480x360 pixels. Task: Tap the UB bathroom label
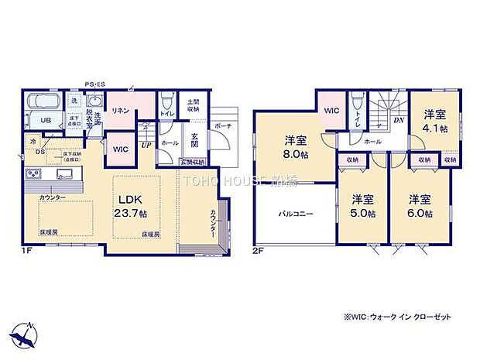point(46,120)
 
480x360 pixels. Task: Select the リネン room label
point(120,111)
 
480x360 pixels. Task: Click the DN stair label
point(399,121)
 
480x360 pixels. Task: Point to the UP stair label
point(145,144)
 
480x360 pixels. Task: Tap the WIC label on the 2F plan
point(331,111)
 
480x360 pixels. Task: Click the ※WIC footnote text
point(403,317)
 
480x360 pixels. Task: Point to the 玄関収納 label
point(192,162)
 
